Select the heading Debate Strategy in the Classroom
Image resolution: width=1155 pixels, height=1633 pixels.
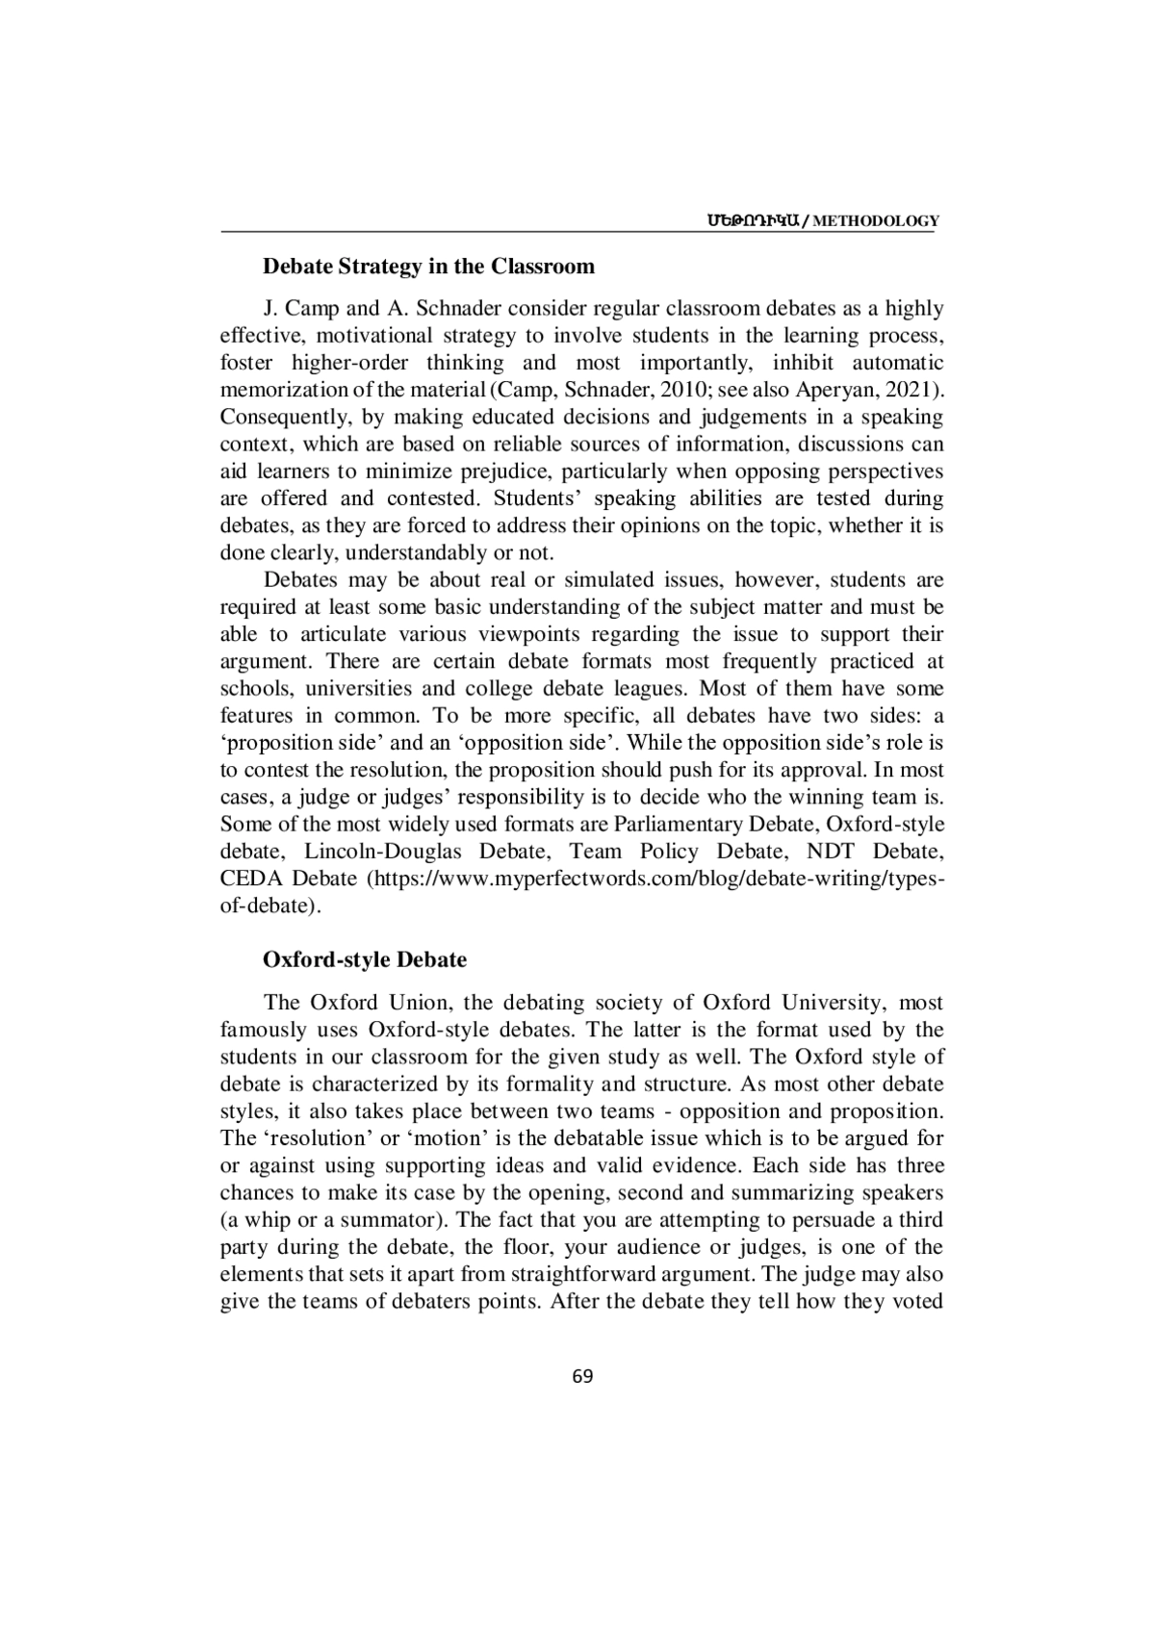click(x=429, y=266)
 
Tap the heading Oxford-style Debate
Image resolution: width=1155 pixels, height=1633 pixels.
click(x=365, y=959)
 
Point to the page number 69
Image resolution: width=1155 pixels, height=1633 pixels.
click(x=582, y=1376)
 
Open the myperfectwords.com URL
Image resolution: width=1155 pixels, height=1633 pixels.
click(x=654, y=879)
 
